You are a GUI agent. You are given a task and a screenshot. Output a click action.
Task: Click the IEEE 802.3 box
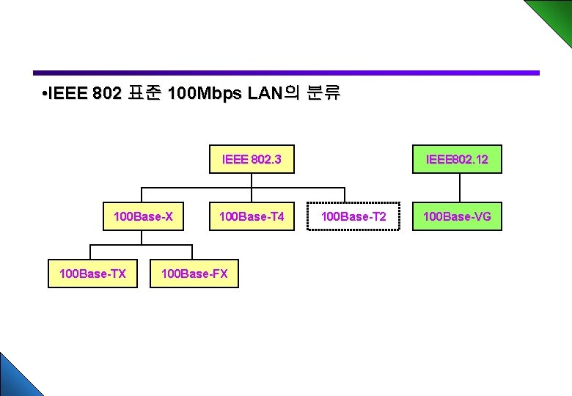point(252,158)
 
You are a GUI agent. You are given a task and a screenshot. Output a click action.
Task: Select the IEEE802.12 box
point(457,158)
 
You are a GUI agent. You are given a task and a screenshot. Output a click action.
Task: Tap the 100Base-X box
point(143,216)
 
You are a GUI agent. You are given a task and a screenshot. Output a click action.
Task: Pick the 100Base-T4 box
point(252,216)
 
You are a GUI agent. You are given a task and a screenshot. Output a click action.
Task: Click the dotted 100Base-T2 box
point(353,216)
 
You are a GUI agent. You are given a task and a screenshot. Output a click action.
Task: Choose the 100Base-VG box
point(457,216)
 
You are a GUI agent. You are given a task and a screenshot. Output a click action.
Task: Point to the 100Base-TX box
point(92,274)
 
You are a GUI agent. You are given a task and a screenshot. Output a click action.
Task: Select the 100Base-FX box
point(194,274)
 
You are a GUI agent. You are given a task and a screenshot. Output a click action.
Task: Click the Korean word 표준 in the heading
point(144,94)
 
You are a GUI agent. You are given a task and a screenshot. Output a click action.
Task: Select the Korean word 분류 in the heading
point(323,94)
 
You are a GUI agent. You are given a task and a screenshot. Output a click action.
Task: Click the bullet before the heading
point(45,95)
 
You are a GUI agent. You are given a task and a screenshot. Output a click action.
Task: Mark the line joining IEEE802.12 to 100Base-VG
point(459,187)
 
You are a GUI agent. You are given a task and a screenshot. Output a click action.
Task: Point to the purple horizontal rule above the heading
point(286,73)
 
